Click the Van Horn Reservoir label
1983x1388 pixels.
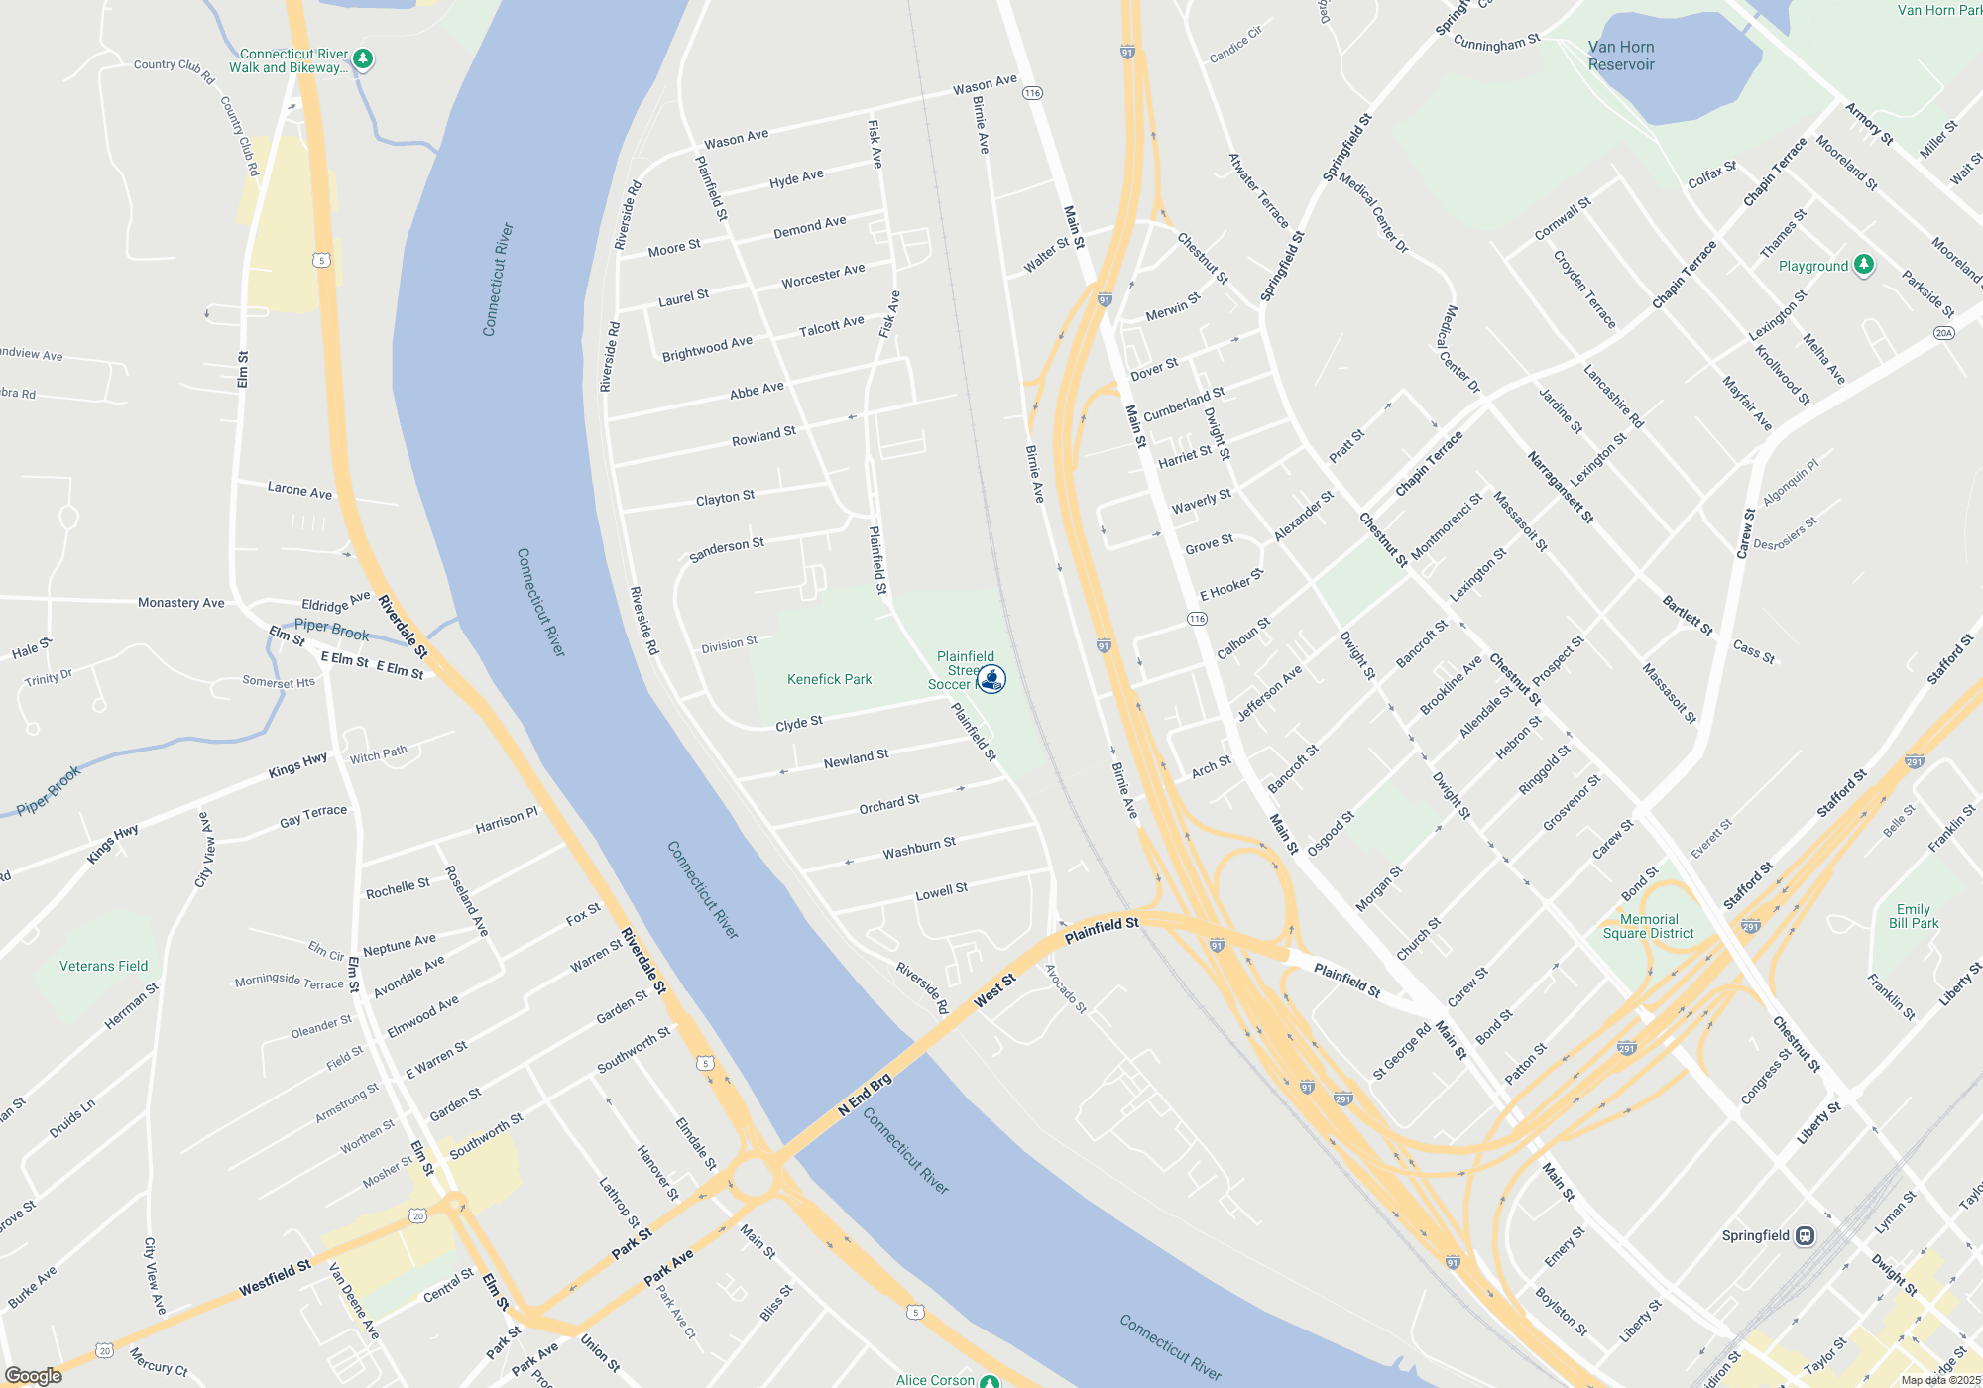coord(1621,56)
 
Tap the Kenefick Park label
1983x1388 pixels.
coord(829,679)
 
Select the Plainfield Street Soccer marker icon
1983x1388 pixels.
coord(991,679)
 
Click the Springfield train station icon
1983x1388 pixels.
coord(1805,1236)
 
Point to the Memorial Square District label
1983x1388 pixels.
coord(1649,926)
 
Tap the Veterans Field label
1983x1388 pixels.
coord(103,966)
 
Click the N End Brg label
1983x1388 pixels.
coord(865,1095)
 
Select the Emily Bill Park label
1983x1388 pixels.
coord(1914,916)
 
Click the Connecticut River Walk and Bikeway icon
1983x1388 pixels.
coord(363,59)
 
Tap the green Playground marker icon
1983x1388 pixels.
coord(1864,265)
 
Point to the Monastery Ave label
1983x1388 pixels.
coord(181,602)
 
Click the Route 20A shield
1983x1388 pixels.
coord(1943,333)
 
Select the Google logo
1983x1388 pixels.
coord(34,1375)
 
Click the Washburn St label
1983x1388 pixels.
coord(919,848)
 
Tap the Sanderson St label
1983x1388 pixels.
coord(727,549)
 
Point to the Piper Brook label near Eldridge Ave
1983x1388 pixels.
coord(331,630)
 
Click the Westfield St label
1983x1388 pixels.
coord(275,1278)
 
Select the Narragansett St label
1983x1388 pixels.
coord(1560,488)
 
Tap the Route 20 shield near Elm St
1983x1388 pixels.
coord(417,1216)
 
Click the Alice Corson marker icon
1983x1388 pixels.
coord(990,1381)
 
